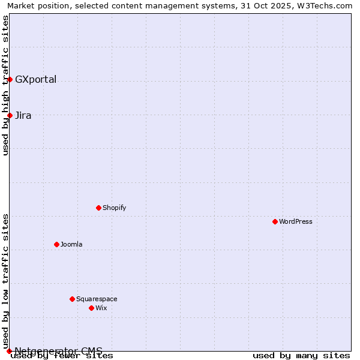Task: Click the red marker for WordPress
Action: [275, 221]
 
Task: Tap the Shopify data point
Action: [98, 208]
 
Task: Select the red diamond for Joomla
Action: [56, 244]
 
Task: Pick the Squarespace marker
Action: [72, 299]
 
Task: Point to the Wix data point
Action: [91, 308]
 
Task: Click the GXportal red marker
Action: [10, 79]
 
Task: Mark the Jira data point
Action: [10, 115]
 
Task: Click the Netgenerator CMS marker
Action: [9, 351]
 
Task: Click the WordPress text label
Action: [296, 221]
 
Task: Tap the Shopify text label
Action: [115, 208]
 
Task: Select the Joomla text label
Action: [71, 244]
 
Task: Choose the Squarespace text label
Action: [97, 299]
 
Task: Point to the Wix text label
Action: [101, 308]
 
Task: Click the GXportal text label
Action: [35, 80]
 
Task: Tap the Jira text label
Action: [23, 116]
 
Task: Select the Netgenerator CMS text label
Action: [58, 351]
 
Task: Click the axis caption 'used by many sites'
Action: [301, 355]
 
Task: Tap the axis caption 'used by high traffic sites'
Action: [6, 85]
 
